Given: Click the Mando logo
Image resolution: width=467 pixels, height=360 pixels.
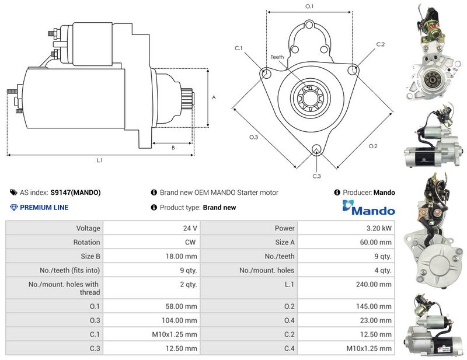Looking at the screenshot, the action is (x=369, y=207).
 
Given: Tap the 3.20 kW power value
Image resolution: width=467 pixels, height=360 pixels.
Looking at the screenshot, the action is (x=379, y=228).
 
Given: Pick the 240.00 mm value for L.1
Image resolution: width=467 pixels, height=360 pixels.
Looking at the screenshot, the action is (x=374, y=284).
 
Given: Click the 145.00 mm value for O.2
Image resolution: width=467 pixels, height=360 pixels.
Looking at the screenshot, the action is (x=374, y=306).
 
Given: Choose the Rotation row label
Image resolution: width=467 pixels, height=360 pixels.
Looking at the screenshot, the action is (x=86, y=242).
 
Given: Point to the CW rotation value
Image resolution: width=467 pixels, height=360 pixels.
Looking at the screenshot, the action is (x=190, y=242).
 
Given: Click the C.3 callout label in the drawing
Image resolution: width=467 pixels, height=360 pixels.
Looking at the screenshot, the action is (x=316, y=176).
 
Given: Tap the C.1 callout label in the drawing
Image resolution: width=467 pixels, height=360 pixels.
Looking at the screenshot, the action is (x=239, y=48).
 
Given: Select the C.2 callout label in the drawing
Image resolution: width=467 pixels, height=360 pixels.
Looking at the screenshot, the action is (x=381, y=44).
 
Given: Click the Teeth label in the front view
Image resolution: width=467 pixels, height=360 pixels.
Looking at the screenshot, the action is (x=277, y=57).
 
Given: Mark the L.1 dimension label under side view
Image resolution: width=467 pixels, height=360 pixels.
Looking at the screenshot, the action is (x=99, y=160).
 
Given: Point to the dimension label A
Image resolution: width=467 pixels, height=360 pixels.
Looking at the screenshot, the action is (x=214, y=97).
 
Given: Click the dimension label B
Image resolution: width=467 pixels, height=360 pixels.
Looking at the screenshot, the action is (x=173, y=148).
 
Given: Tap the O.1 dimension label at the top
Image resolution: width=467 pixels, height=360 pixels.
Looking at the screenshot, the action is (x=309, y=6).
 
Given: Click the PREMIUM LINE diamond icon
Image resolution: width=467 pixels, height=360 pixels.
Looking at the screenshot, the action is (x=13, y=208).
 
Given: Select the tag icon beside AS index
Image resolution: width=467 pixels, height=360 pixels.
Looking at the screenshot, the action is (x=13, y=193).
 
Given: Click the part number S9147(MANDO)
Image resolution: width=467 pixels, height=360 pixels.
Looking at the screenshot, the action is (x=76, y=193).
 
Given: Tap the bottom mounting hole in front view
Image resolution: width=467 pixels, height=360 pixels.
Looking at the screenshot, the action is (x=316, y=149).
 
